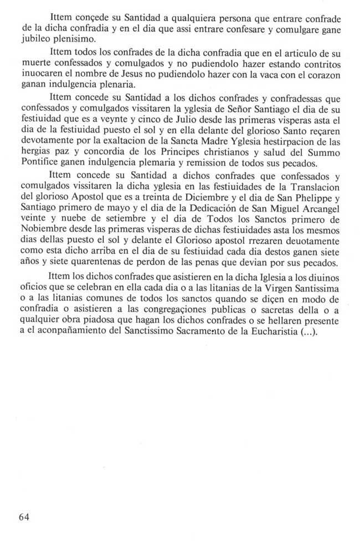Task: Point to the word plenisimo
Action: [x=81, y=38]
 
